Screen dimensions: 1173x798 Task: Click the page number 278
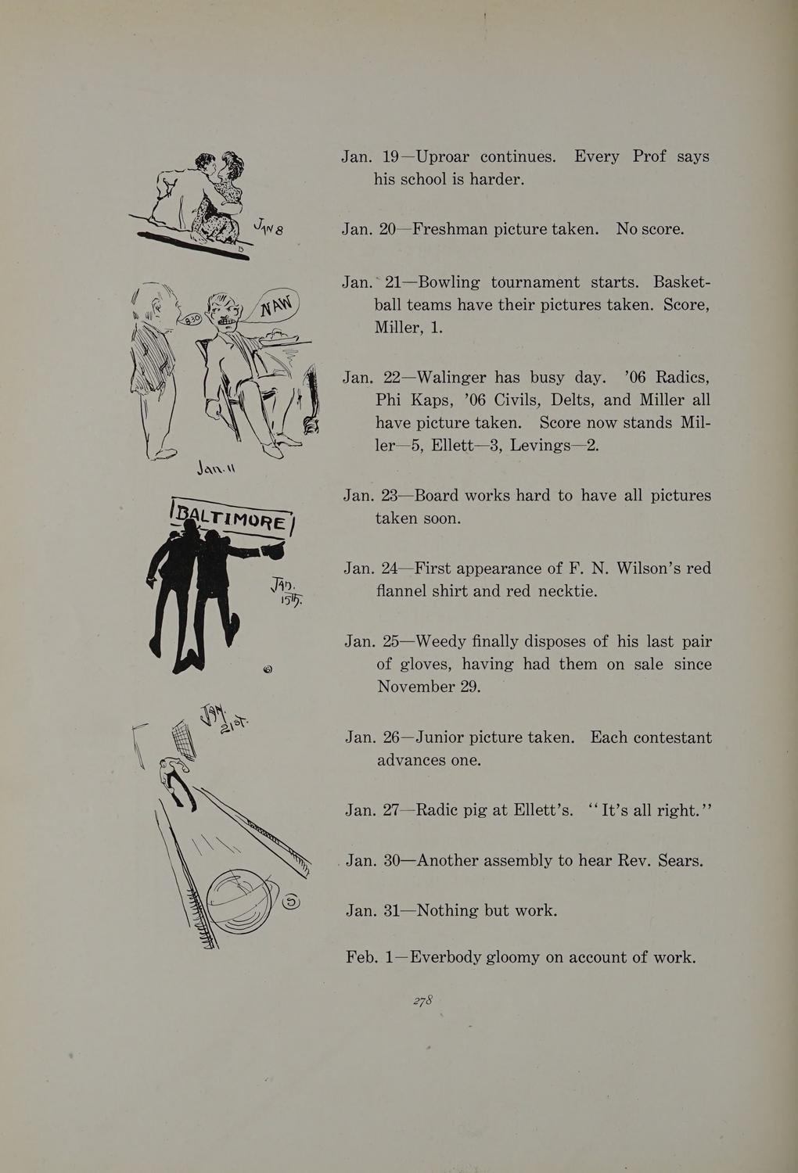pos(423,1001)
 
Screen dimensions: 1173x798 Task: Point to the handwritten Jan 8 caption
pos(268,229)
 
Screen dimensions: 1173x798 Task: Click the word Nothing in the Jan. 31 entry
pos(450,910)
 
